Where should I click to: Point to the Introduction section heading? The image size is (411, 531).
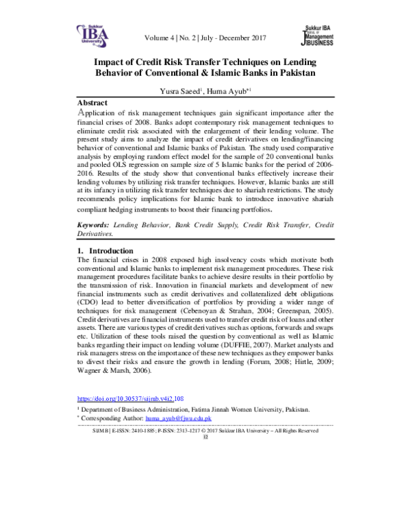point(112,250)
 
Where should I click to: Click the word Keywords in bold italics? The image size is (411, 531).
point(95,224)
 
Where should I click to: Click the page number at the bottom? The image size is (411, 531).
point(205,438)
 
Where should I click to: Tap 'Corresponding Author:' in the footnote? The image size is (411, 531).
point(112,417)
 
